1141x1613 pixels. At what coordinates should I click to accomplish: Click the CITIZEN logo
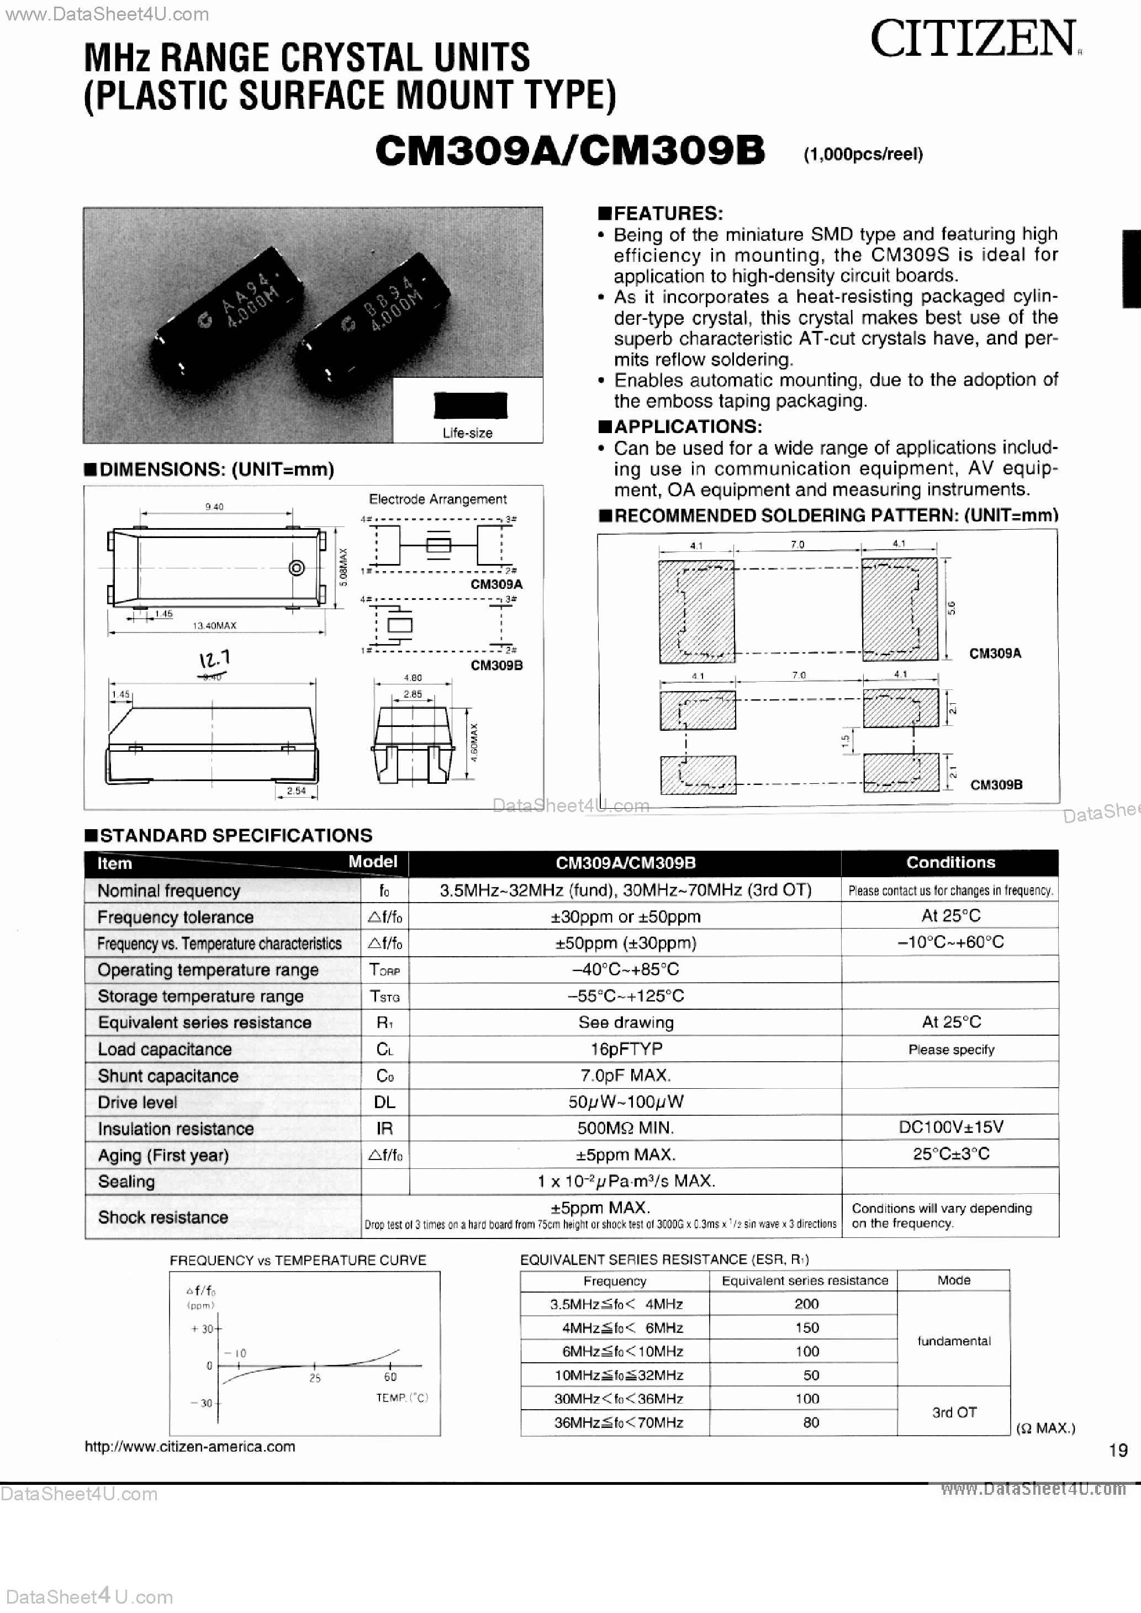[x=973, y=39]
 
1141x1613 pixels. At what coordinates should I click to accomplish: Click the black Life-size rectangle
[x=470, y=406]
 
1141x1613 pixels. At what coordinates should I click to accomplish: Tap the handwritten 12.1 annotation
[x=214, y=660]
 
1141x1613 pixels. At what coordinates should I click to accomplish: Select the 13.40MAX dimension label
[x=214, y=625]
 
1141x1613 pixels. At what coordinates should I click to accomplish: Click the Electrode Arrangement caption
[x=438, y=499]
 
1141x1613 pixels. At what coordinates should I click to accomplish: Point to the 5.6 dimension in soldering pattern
[x=952, y=608]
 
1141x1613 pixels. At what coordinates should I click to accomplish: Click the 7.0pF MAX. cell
[x=625, y=1076]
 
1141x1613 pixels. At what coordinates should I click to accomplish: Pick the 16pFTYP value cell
[x=625, y=1049]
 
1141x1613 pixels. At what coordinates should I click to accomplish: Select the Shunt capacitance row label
[x=168, y=1076]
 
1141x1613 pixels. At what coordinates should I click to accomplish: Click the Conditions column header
[x=950, y=863]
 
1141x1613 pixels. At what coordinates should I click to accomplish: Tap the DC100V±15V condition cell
[x=950, y=1127]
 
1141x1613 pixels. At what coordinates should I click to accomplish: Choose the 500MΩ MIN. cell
[x=625, y=1128]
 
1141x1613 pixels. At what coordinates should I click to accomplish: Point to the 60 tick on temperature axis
[x=390, y=1378]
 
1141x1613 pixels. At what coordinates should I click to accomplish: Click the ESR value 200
[x=806, y=1304]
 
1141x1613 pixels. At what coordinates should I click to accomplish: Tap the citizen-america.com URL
[x=189, y=1447]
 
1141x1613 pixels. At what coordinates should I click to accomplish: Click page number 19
[x=1118, y=1450]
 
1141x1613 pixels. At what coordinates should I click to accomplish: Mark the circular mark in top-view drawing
[x=297, y=568]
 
